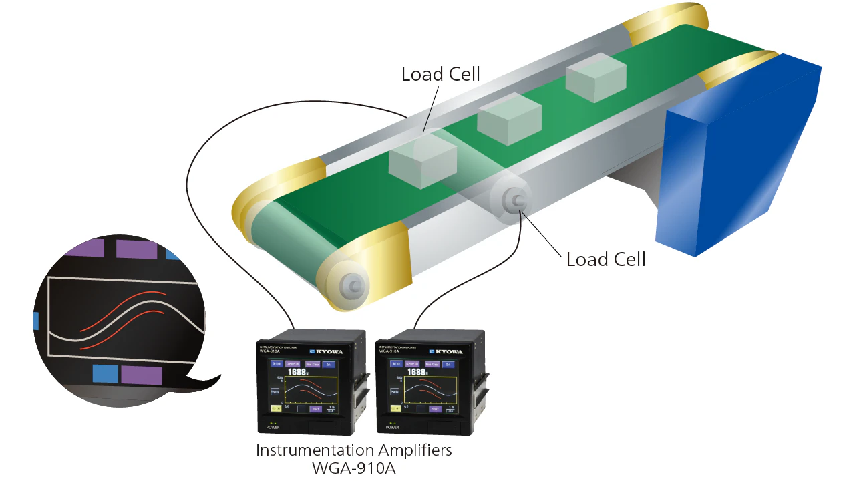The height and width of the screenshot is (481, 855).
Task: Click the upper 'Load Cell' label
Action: click(440, 74)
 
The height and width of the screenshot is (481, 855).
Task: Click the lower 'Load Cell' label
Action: click(606, 259)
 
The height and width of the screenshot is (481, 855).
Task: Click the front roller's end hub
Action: click(351, 285)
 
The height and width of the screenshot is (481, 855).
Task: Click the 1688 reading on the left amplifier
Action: click(297, 373)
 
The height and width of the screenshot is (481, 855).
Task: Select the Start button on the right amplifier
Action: click(436, 408)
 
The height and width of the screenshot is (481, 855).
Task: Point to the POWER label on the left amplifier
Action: click(271, 426)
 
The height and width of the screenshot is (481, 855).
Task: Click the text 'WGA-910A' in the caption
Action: click(353, 468)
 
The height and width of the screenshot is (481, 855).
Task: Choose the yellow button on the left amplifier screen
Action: click(276, 408)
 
